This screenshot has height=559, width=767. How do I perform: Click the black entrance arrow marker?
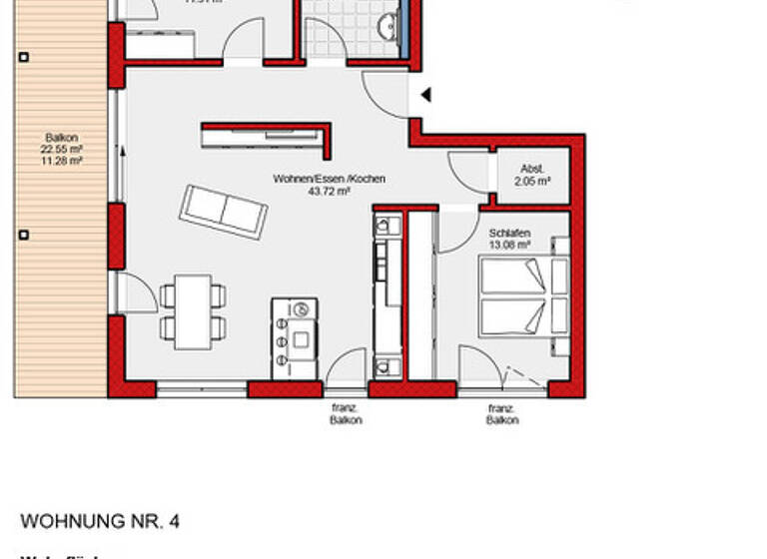point(425,96)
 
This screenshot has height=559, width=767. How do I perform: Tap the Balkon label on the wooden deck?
point(62,138)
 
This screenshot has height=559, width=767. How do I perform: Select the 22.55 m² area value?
point(62,149)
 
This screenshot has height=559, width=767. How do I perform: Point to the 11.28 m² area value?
point(62,160)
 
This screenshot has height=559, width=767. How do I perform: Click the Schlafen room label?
point(508,232)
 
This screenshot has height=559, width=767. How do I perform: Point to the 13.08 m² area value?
point(508,244)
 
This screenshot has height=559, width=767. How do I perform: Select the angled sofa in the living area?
point(224,212)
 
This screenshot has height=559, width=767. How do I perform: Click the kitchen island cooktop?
point(296,338)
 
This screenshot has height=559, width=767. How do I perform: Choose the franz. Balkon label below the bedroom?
point(502,414)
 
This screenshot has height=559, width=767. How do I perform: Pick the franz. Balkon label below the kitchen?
point(346,414)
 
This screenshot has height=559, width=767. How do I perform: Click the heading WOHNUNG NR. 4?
point(100,522)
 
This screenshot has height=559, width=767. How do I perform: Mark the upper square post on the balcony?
point(24,57)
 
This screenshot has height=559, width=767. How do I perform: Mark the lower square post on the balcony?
point(24,236)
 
